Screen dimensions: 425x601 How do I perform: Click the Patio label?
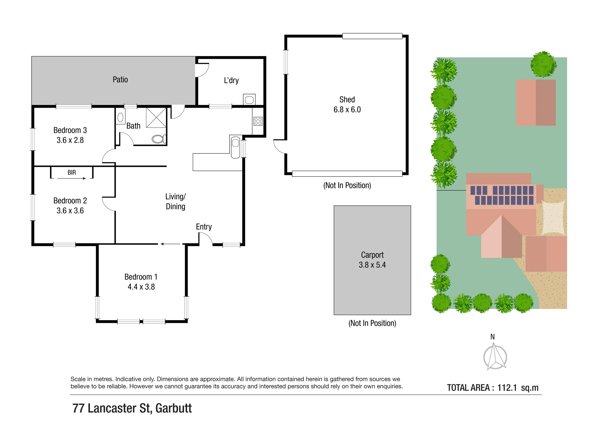click(120, 80)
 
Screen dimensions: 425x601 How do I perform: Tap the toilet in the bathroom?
click(159, 139)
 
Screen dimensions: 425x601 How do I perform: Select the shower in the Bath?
click(156, 118)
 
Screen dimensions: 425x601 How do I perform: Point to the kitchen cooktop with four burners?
click(258, 121)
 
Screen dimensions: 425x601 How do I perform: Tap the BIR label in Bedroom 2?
click(72, 172)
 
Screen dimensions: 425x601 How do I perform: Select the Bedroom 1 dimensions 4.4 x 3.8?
click(141, 287)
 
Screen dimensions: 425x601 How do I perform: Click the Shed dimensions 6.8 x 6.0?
click(347, 109)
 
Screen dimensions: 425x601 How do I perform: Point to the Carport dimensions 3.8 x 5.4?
click(372, 265)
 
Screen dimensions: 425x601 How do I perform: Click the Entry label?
click(204, 227)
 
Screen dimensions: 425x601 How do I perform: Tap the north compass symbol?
click(495, 357)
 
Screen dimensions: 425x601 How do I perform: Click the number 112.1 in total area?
click(507, 387)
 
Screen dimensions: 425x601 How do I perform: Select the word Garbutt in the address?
click(174, 408)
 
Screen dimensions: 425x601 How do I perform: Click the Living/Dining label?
click(175, 201)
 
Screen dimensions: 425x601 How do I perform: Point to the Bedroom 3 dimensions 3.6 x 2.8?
click(70, 140)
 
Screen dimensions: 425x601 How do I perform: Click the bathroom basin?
click(120, 118)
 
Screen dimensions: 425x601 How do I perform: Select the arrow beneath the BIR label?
click(71, 178)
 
